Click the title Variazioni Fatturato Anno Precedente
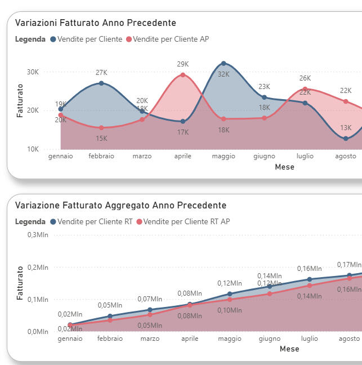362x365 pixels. (95, 23)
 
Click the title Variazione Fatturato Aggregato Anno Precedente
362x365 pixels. (120, 205)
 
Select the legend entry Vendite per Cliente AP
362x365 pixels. (171, 39)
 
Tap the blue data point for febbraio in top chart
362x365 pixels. (101, 83)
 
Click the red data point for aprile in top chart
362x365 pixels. (183, 75)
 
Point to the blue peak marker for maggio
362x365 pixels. (224, 63)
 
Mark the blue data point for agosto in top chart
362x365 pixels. (346, 139)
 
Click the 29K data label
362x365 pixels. (183, 64)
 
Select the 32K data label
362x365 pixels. (224, 74)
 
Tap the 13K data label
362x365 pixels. (346, 128)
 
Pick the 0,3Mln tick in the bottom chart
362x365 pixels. (38, 234)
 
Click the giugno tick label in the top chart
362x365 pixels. (264, 156)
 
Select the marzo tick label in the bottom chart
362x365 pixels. (150, 339)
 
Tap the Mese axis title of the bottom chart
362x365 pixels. (289, 349)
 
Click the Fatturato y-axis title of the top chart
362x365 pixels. (20, 100)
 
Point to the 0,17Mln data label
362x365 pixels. (349, 265)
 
